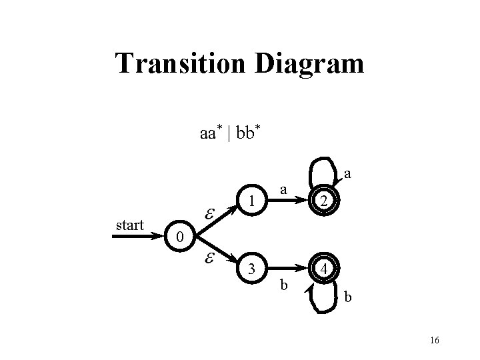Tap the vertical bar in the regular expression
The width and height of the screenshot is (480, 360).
[x=229, y=133]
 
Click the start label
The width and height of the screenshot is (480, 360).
[x=129, y=225]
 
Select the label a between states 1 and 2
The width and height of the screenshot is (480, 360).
[x=283, y=190]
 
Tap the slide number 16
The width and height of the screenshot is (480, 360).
[x=434, y=341]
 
